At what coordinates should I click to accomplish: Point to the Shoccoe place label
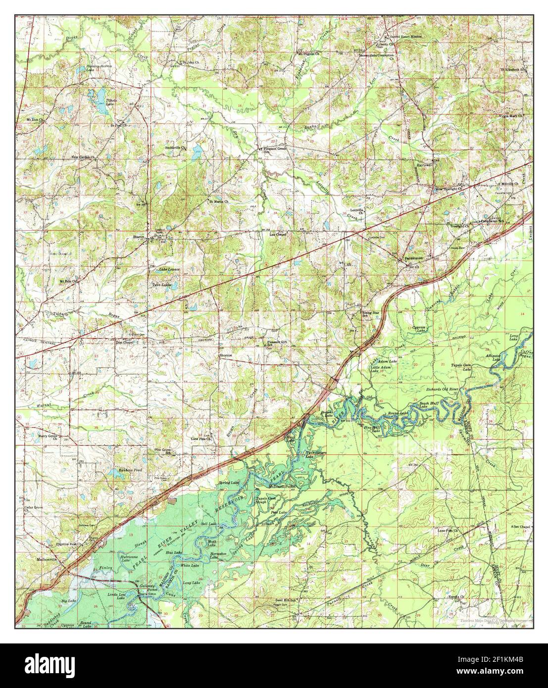click(226, 355)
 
